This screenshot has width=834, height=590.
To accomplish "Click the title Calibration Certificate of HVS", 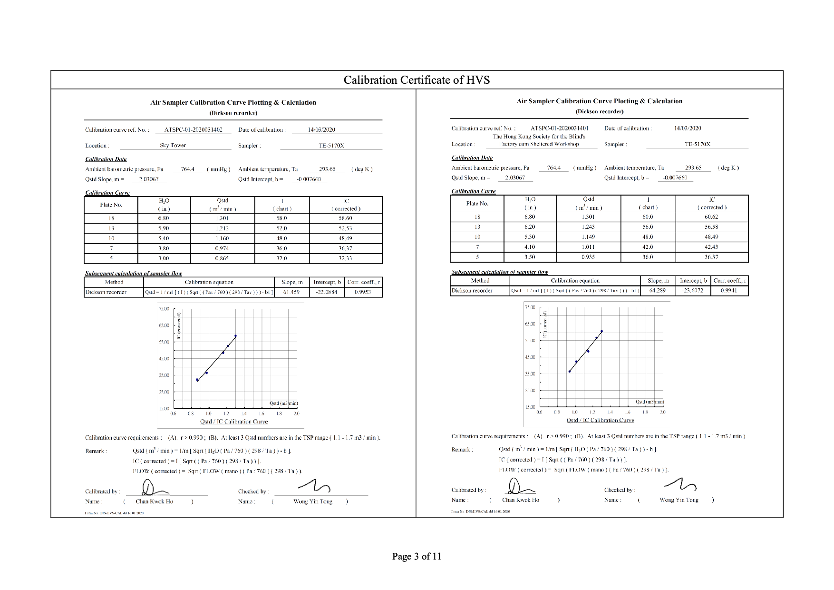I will pyautogui.click(x=417, y=80).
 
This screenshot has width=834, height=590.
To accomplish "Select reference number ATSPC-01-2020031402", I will pyautogui.click(x=193, y=129).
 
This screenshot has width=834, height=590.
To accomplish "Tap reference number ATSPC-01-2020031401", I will pyautogui.click(x=559, y=128).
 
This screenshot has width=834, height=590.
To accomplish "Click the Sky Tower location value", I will pyautogui.click(x=173, y=145).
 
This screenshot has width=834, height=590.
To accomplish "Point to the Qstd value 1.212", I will pyautogui.click(x=222, y=228).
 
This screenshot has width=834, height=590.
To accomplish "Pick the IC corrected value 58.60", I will pyautogui.click(x=345, y=218).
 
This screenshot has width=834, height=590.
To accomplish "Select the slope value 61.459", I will pyautogui.click(x=291, y=292).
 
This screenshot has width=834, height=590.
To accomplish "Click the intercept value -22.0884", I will pyautogui.click(x=326, y=292).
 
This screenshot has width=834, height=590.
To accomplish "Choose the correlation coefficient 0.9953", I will pyautogui.click(x=363, y=292).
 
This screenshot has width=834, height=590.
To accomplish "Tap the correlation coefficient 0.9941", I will pyautogui.click(x=728, y=290).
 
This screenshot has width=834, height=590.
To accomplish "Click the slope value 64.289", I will pyautogui.click(x=657, y=290).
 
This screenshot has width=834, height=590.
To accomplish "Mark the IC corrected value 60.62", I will pyautogui.click(x=711, y=217).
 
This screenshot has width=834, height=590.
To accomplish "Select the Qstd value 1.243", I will pyautogui.click(x=588, y=227).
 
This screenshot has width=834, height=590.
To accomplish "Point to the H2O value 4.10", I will pyautogui.click(x=529, y=247).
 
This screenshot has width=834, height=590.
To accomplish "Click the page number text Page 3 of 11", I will pyautogui.click(x=417, y=556).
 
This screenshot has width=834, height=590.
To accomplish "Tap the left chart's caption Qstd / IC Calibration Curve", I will pyautogui.click(x=234, y=422).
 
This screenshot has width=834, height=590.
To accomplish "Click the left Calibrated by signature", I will pyautogui.click(x=153, y=488).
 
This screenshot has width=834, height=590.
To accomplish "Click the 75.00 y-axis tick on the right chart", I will pyautogui.click(x=530, y=307).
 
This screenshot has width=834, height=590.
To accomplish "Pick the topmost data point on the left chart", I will pyautogui.click(x=235, y=336).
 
